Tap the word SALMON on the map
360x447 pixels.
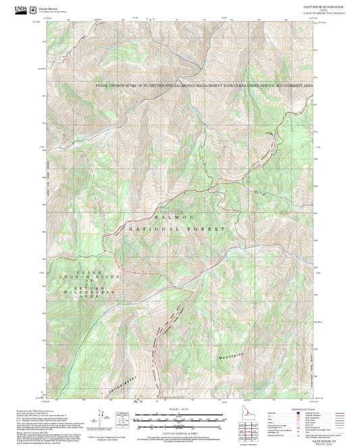(175, 217)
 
